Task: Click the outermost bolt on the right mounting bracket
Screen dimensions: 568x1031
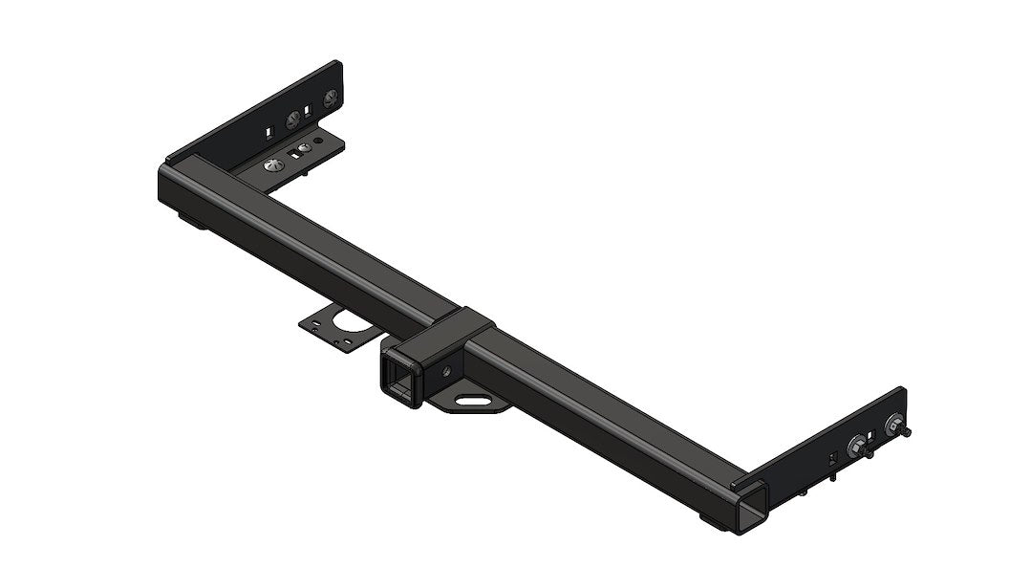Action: pos(895,426)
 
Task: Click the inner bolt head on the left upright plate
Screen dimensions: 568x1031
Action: pos(292,119)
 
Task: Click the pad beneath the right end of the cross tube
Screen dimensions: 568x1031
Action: pos(716,522)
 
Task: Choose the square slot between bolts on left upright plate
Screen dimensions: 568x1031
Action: pos(308,112)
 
